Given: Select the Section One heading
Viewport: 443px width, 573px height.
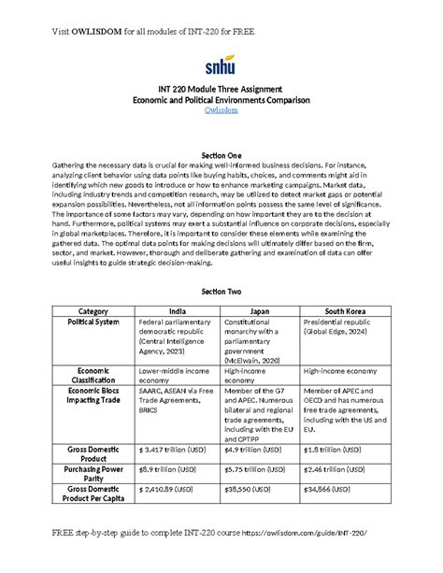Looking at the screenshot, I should coord(221,152).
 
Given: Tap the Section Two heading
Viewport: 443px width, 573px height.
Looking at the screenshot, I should coord(221,293).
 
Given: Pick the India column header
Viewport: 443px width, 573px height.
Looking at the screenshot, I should coord(175,310).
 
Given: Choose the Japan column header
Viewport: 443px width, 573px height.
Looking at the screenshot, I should coord(259,310).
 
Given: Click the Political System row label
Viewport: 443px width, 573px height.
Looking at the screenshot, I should coord(93,322).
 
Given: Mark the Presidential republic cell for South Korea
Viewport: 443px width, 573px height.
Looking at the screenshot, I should coord(340,326).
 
